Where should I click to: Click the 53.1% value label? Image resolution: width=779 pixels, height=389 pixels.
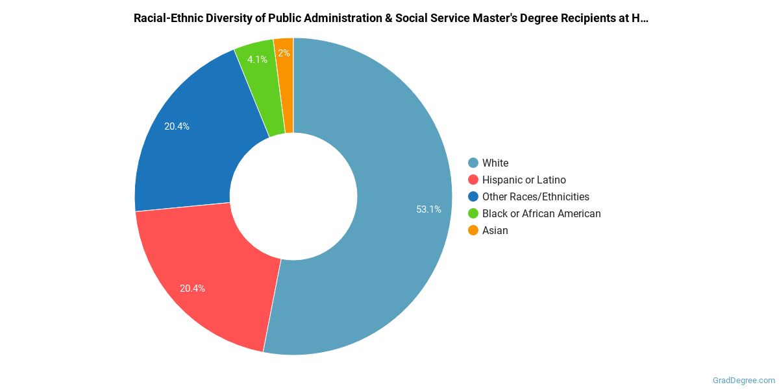(428, 209)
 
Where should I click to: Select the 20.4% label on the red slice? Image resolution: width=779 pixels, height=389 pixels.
(192, 289)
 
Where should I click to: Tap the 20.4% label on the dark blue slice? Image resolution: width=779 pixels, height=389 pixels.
(177, 126)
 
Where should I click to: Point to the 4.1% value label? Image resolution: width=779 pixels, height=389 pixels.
(257, 60)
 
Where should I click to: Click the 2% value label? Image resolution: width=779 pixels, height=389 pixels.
(284, 53)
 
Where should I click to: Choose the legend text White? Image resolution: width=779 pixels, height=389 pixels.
(495, 163)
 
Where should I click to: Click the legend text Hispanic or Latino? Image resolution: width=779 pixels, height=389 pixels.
(524, 180)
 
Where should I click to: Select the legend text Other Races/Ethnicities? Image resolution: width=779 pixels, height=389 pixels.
(536, 196)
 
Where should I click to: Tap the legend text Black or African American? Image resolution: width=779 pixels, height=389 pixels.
(541, 213)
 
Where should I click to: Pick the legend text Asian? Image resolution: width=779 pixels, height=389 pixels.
(495, 230)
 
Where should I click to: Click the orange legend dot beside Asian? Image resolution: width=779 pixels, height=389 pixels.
(473, 230)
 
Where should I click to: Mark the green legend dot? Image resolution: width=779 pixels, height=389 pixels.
(473, 213)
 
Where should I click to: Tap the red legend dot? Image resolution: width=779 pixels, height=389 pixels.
(473, 180)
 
